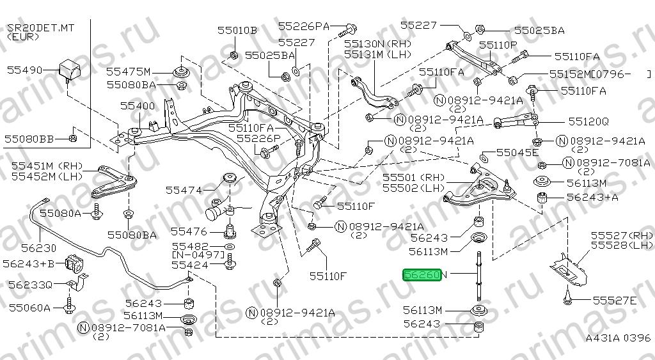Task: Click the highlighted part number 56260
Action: (x=422, y=275)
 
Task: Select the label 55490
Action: (x=25, y=70)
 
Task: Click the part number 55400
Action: (x=138, y=106)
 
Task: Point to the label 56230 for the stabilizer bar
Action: (x=38, y=248)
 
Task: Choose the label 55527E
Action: (x=615, y=301)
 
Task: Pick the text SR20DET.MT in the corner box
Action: (x=40, y=28)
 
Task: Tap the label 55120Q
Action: (x=588, y=121)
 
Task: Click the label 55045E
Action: (x=518, y=152)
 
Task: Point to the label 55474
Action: (x=184, y=191)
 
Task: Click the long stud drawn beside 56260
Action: (x=478, y=276)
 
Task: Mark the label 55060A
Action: (x=30, y=308)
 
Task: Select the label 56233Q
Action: (x=31, y=285)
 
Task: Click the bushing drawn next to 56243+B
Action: (x=75, y=262)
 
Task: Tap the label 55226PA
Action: (x=304, y=26)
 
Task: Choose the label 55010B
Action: (x=237, y=30)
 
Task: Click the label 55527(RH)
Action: (x=622, y=235)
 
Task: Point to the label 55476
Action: (x=189, y=231)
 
